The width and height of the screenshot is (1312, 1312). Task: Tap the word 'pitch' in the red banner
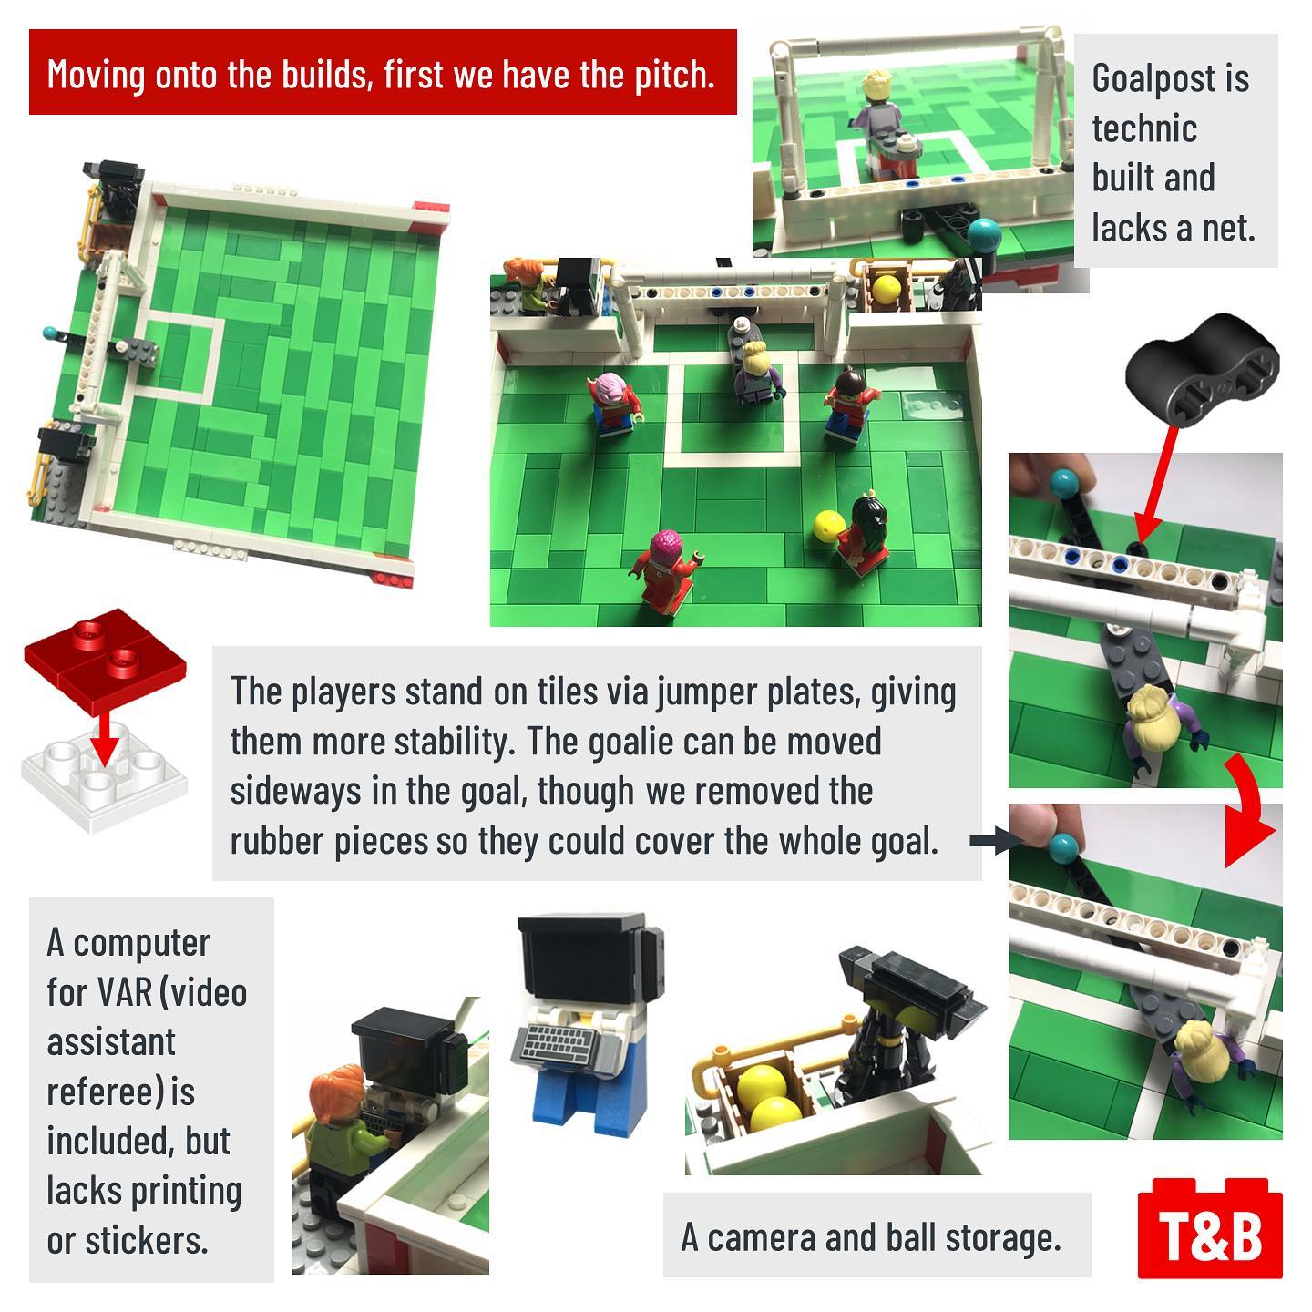click(x=672, y=74)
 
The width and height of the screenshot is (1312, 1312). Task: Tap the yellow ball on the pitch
click(x=829, y=527)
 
